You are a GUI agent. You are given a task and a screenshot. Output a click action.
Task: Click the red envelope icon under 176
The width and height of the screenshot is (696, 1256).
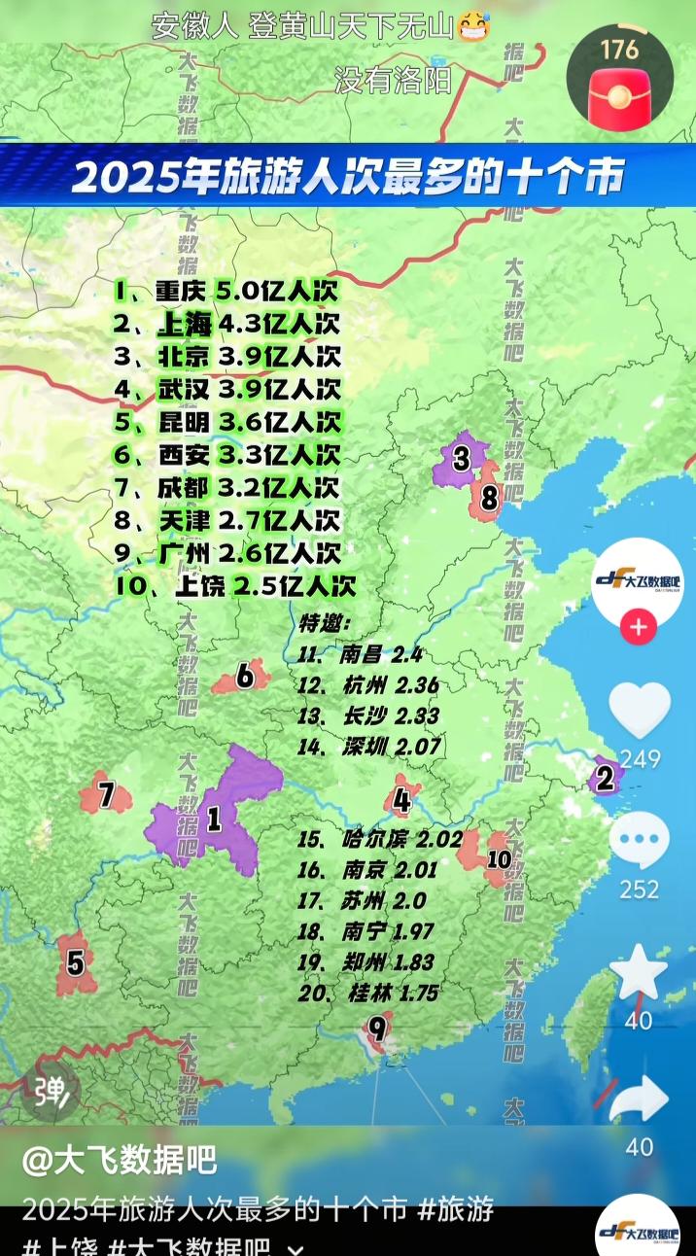pyautogui.click(x=618, y=95)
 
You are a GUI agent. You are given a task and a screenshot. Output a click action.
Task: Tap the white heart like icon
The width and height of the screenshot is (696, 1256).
pyautogui.click(x=640, y=711)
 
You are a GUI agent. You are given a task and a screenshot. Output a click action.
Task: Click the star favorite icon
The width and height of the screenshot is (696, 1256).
pyautogui.click(x=639, y=971)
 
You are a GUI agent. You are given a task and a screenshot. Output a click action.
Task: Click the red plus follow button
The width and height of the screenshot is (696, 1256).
pyautogui.click(x=639, y=628)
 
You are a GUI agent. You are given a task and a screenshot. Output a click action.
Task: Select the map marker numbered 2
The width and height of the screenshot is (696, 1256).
pyautogui.click(x=606, y=778)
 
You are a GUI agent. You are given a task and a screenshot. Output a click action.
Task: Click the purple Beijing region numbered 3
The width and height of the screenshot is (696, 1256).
pyautogui.click(x=459, y=459)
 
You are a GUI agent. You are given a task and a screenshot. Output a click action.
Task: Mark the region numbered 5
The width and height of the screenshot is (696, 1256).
pyautogui.click(x=75, y=962)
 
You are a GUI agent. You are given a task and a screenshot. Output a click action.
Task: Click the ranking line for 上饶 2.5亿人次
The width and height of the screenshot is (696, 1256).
pyautogui.click(x=233, y=586)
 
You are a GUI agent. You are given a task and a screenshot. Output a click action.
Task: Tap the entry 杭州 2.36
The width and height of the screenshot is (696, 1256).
pyautogui.click(x=369, y=684)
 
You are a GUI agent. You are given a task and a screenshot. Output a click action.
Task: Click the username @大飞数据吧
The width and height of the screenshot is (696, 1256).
pyautogui.click(x=119, y=1160)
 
